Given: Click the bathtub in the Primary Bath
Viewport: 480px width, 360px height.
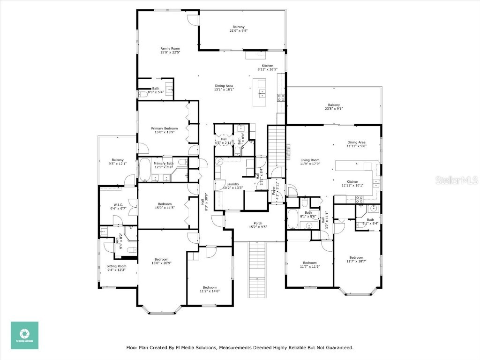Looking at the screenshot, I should (x=145, y=171).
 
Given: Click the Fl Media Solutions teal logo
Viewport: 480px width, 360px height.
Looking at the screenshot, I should (x=24, y=335).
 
